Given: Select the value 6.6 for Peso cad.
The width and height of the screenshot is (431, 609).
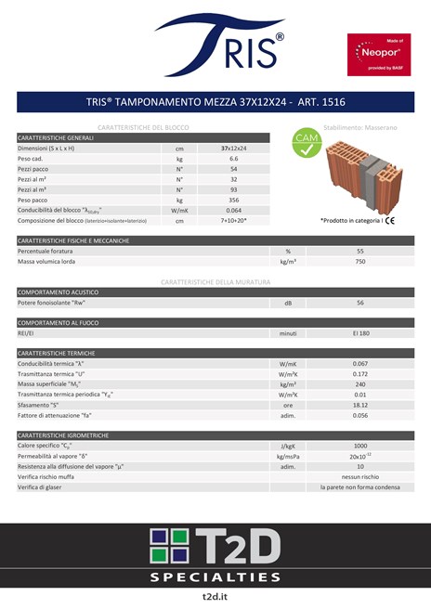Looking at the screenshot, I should [x=233, y=159].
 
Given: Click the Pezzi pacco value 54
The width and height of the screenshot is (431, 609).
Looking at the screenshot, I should [x=233, y=169].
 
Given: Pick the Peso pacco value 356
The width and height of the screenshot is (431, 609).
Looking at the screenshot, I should [x=233, y=200].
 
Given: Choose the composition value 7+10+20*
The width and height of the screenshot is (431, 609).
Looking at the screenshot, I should [x=233, y=221].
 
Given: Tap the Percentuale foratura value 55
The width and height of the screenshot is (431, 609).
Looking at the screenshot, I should [x=359, y=252].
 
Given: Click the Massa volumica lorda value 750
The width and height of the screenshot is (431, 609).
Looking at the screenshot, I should [x=359, y=262].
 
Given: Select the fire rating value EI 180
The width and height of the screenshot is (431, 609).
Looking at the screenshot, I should [x=359, y=332].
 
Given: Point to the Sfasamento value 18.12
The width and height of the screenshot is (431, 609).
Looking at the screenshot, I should [x=359, y=405].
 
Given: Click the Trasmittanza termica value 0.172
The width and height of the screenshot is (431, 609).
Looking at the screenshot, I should [x=359, y=373].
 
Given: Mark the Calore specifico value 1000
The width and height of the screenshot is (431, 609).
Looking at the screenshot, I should [x=359, y=446].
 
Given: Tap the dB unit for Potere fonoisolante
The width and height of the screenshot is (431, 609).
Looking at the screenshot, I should [x=288, y=303].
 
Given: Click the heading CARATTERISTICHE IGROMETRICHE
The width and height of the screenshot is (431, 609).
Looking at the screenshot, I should [x=63, y=434].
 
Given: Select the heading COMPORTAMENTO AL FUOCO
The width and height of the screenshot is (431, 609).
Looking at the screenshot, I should [x=59, y=322].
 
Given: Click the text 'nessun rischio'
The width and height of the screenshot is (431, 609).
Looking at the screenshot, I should [x=359, y=476].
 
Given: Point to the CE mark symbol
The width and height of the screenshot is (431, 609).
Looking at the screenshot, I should [x=391, y=221].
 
